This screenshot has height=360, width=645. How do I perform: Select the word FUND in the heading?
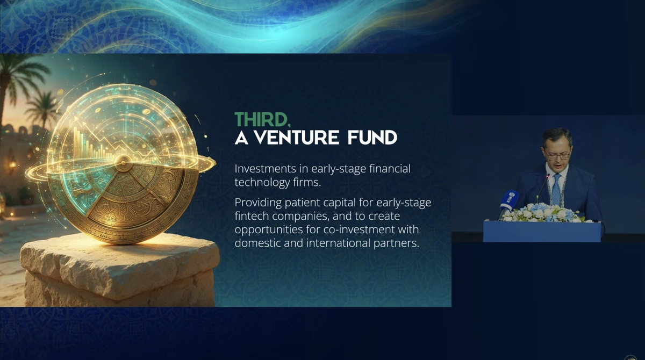(x=372, y=138)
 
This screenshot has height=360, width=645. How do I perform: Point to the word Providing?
(x=258, y=203)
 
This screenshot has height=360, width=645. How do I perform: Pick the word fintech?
(x=252, y=216)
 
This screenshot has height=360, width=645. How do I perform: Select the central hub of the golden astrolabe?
(x=123, y=163)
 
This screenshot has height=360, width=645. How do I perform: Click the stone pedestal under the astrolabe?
(x=120, y=270)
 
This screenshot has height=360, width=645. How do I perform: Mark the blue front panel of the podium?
(x=542, y=232)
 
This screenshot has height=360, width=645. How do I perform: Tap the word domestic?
(x=257, y=243)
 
